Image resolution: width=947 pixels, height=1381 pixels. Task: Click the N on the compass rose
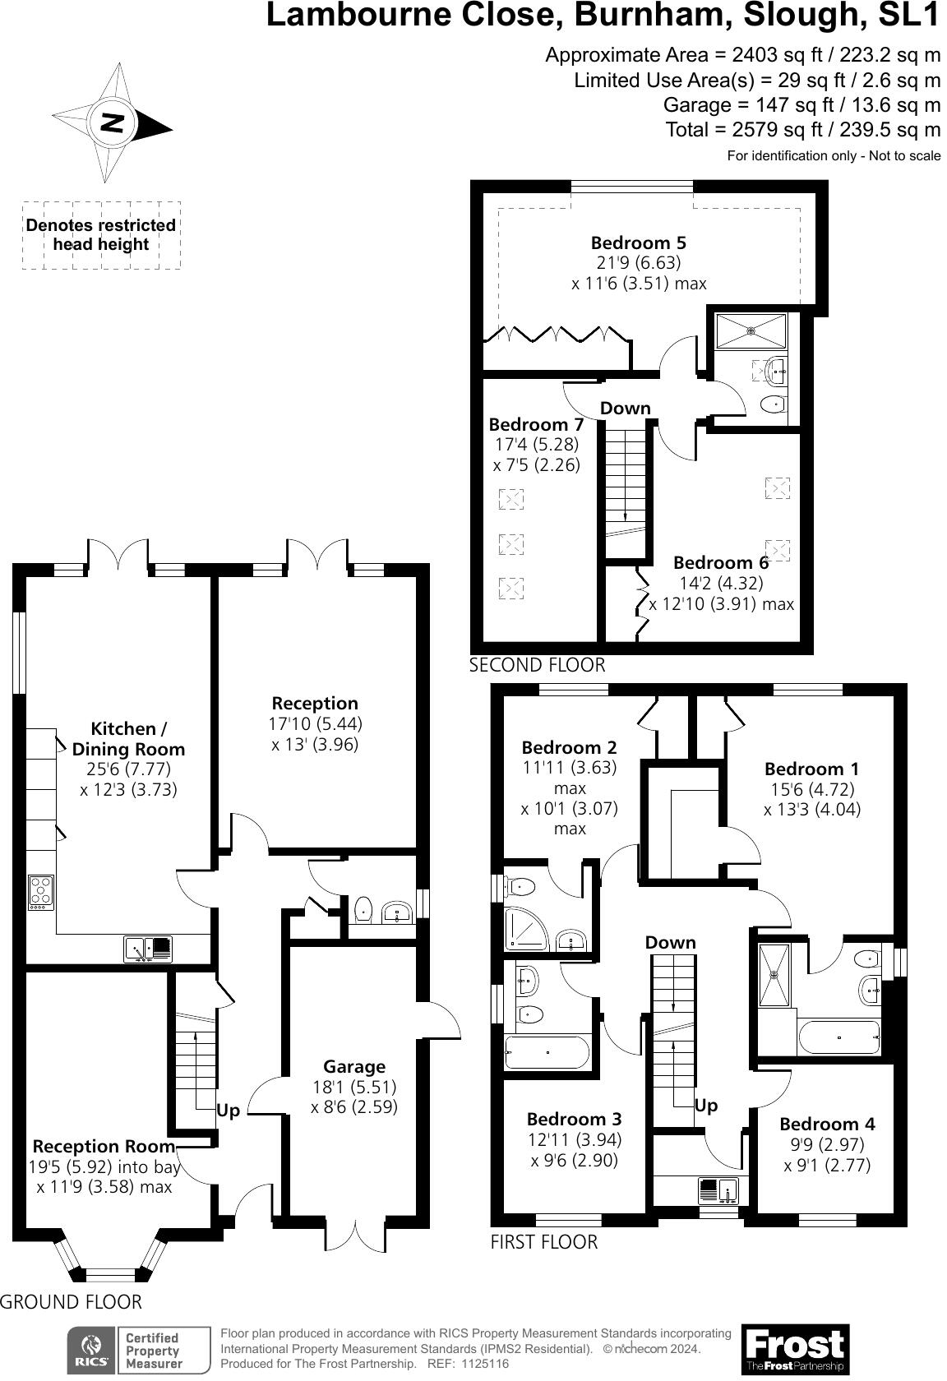click(112, 123)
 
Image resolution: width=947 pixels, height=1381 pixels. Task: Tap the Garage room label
click(354, 1066)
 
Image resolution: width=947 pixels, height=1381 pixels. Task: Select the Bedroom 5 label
click(638, 242)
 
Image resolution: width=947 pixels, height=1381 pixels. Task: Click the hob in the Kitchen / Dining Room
click(41, 893)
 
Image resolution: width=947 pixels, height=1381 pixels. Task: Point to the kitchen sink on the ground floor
click(148, 949)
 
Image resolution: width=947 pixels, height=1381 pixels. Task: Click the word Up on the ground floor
click(228, 1111)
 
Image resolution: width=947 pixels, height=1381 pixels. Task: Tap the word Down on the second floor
click(625, 408)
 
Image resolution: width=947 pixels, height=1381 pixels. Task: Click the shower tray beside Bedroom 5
click(751, 331)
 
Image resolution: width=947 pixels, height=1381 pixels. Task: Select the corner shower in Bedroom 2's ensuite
click(526, 928)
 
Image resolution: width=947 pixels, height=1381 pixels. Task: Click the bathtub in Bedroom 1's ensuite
click(839, 1037)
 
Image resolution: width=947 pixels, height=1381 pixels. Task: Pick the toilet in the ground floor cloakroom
click(363, 909)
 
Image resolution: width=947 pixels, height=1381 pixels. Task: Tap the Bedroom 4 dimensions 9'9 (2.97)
click(827, 1144)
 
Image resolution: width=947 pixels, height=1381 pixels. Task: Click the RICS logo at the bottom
click(92, 1350)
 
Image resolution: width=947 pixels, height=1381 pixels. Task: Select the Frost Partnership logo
click(795, 1349)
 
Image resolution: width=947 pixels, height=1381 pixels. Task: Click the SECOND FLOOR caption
click(537, 665)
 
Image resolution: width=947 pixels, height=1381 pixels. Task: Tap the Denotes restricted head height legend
click(101, 235)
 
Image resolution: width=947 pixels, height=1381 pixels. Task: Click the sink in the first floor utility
click(718, 1190)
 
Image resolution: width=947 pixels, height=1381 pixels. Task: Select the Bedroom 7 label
click(536, 424)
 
